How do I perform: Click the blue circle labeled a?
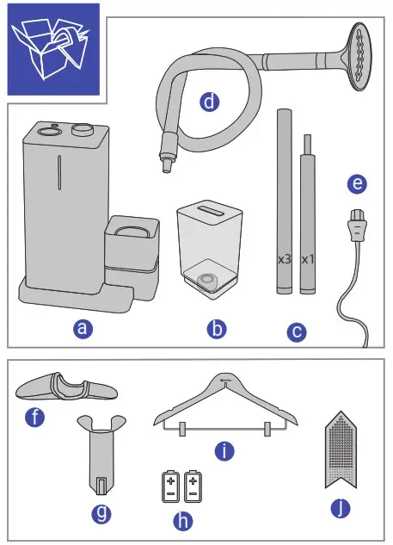click(81, 328)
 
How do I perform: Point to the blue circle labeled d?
click(208, 102)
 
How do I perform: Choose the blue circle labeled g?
click(101, 514)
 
